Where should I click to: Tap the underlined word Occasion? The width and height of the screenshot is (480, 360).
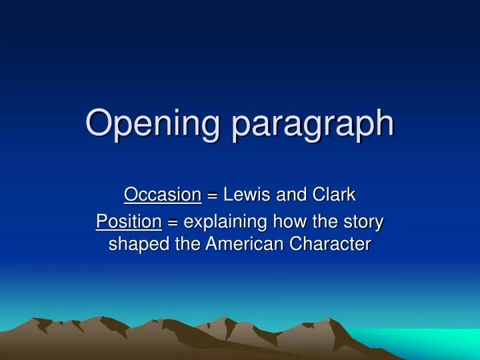[x=163, y=195]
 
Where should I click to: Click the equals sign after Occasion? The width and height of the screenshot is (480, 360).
[x=212, y=196]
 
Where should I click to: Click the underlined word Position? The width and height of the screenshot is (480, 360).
[x=129, y=221]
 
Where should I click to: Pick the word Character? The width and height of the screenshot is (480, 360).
[x=330, y=244]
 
